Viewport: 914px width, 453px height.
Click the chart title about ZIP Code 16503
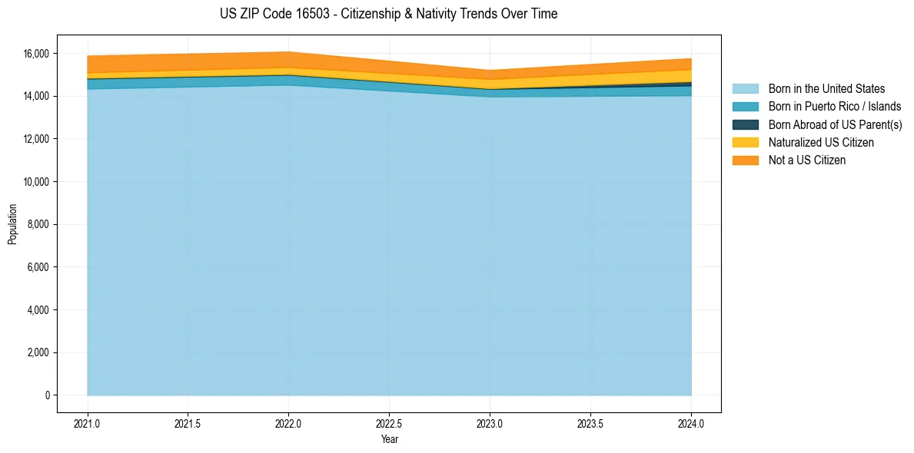pyautogui.click(x=388, y=14)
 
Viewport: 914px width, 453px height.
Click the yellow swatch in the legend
pyautogui.click(x=745, y=143)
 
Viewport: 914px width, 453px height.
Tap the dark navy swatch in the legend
pyautogui.click(x=745, y=124)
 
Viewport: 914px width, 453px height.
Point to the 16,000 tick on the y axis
pyautogui.click(x=36, y=54)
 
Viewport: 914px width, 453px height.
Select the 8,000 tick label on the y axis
pyautogui.click(x=38, y=225)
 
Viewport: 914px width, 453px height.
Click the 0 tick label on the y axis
pyautogui.click(x=47, y=395)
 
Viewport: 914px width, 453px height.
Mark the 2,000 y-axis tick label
pyautogui.click(x=38, y=353)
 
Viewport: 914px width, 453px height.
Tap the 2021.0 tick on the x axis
pyautogui.click(x=88, y=424)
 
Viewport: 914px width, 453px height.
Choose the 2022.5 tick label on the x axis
pyautogui.click(x=389, y=424)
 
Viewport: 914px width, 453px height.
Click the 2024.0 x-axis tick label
pyautogui.click(x=691, y=424)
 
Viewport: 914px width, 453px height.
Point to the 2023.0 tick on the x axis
pyautogui.click(x=490, y=424)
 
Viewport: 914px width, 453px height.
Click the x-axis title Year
pyautogui.click(x=389, y=440)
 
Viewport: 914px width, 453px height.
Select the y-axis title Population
pyautogui.click(x=12, y=224)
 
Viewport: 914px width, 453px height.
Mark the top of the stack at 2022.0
pyautogui.click(x=288, y=52)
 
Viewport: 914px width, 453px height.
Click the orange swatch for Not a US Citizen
pyautogui.click(x=745, y=160)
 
